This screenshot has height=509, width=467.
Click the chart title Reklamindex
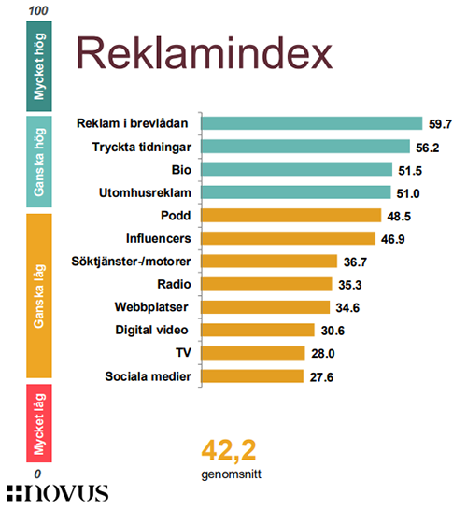(x=205, y=53)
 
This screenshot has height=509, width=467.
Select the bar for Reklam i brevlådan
(x=312, y=123)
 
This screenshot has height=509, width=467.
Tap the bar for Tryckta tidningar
(x=305, y=147)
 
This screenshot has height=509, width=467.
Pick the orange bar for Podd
(x=291, y=215)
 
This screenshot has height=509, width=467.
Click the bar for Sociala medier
(x=252, y=375)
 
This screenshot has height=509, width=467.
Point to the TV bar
(x=253, y=353)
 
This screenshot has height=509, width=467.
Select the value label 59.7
(x=441, y=124)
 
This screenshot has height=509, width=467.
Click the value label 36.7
(x=355, y=262)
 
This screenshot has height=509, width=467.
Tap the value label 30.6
(x=333, y=331)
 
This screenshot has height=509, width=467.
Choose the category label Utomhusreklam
(x=145, y=192)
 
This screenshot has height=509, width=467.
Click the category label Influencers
(x=159, y=238)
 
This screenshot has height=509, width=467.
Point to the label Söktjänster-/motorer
(x=131, y=262)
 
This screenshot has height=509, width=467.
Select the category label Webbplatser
(x=151, y=307)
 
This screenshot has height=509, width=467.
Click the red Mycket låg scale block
(x=39, y=423)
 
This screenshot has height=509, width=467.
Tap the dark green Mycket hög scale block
(x=39, y=66)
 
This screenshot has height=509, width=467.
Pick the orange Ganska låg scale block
(x=39, y=296)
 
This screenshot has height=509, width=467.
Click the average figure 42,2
(x=229, y=450)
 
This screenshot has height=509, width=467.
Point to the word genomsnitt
(x=231, y=474)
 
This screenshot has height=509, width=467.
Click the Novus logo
(x=58, y=494)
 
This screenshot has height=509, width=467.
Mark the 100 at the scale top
(x=38, y=10)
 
